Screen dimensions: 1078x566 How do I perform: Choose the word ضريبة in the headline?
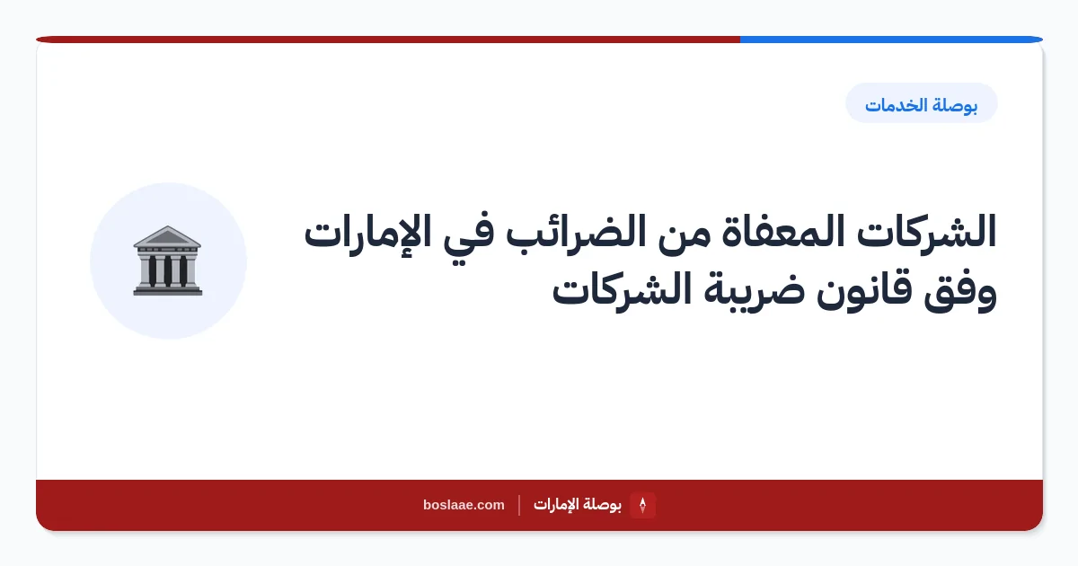coord(754,291)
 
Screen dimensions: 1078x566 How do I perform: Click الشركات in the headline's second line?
coord(622,288)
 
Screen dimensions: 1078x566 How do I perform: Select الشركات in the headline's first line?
coord(926,232)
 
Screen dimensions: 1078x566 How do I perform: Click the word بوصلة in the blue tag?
coord(956,105)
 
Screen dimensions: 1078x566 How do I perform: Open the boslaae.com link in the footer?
coord(464,505)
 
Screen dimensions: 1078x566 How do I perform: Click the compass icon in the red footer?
coord(642,505)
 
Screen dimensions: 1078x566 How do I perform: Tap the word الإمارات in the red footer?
coord(556,505)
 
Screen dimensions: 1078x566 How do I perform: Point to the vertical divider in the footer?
coord(519,505)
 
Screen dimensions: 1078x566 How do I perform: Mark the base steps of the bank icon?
coord(167,289)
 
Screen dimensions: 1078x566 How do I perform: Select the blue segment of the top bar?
coord(891,40)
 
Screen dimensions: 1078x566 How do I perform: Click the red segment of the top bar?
coord(388,40)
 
